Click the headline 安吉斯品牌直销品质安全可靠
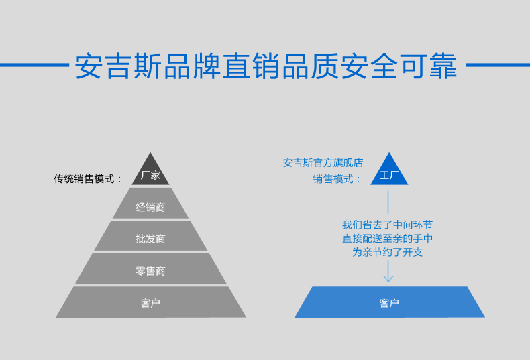266,66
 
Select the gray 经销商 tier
151,207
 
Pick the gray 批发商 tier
151,239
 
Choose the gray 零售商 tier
151,271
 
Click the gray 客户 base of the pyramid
151,303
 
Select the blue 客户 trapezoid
389,303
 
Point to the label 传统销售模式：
89,179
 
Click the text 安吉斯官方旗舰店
323,162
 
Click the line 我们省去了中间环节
387,225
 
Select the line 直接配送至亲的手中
387,239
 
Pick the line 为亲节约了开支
387,253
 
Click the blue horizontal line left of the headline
34,66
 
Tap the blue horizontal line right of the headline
497,66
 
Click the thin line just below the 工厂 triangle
389,201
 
